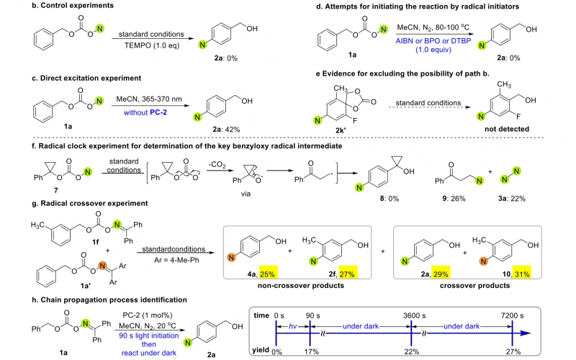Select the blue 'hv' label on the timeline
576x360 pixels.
click(292, 328)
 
